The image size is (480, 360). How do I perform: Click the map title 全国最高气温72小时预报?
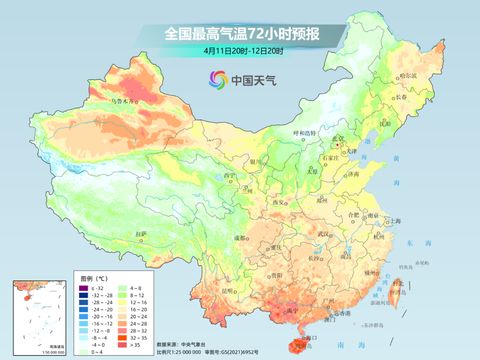242,34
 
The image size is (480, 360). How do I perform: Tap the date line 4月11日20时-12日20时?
243,51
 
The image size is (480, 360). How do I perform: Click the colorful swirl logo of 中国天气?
218,80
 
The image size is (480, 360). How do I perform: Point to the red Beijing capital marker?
337,145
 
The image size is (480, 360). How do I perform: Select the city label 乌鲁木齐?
122,101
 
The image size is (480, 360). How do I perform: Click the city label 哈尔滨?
408,76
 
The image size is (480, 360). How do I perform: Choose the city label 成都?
240,238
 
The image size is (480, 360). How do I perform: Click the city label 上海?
396,221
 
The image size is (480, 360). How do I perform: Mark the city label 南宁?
293,311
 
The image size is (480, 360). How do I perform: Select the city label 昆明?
227,291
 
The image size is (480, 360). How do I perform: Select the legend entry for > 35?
124,345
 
